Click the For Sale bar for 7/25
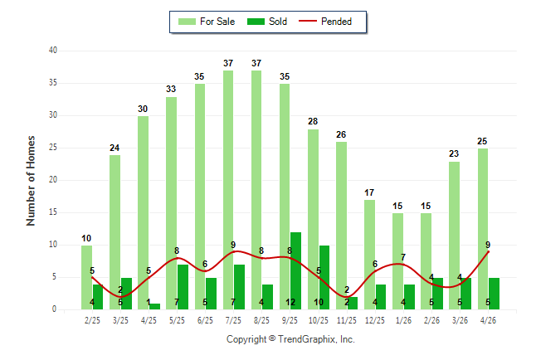click(228, 190)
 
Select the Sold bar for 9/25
click(295, 270)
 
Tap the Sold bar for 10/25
click(324, 277)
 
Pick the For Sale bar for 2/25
click(86, 277)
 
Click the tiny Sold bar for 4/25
click(154, 306)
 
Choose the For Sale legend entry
click(207, 22)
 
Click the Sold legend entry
click(267, 22)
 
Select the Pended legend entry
click(325, 22)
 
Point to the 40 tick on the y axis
click(53, 51)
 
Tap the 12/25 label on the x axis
click(375, 320)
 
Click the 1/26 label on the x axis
click(403, 320)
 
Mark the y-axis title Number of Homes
click(31, 181)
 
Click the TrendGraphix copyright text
click(290, 339)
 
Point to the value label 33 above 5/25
click(171, 89)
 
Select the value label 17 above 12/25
click(369, 192)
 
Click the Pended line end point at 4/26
click(488, 251)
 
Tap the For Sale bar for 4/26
click(483, 229)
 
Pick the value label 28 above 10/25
click(313, 121)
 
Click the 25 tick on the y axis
click(53, 148)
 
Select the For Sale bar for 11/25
click(341, 226)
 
